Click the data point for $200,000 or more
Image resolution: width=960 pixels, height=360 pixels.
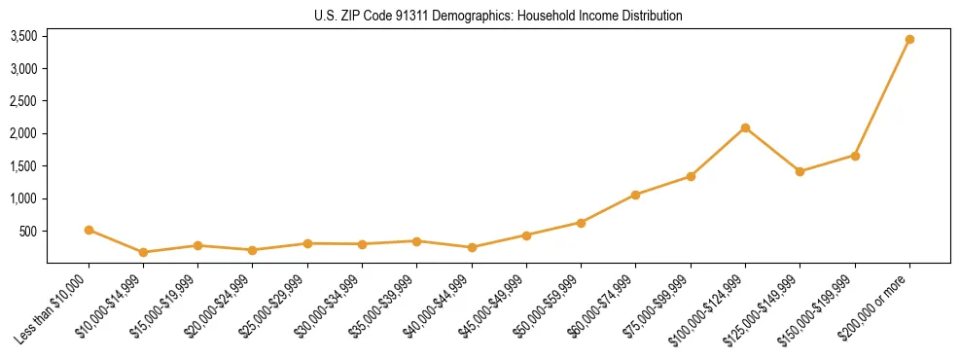pyautogui.click(x=909, y=40)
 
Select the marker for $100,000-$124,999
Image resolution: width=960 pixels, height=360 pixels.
pyautogui.click(x=745, y=127)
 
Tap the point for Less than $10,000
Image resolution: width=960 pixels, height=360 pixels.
pyautogui.click(x=89, y=231)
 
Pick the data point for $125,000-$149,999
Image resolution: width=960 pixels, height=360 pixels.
pyautogui.click(x=800, y=171)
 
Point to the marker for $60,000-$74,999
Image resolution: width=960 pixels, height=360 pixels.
pyautogui.click(x=635, y=195)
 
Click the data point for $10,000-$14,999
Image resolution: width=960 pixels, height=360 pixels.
pyautogui.click(x=143, y=252)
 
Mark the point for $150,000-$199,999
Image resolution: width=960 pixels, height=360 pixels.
pyautogui.click(x=855, y=156)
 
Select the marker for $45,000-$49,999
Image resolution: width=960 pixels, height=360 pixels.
pyautogui.click(x=526, y=235)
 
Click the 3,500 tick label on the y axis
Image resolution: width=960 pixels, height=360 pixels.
pyautogui.click(x=23, y=36)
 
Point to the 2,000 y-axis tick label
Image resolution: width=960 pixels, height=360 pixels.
pyautogui.click(x=23, y=133)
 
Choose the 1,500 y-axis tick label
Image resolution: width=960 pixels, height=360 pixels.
pyautogui.click(x=23, y=166)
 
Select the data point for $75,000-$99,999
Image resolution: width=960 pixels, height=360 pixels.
pyautogui.click(x=691, y=176)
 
